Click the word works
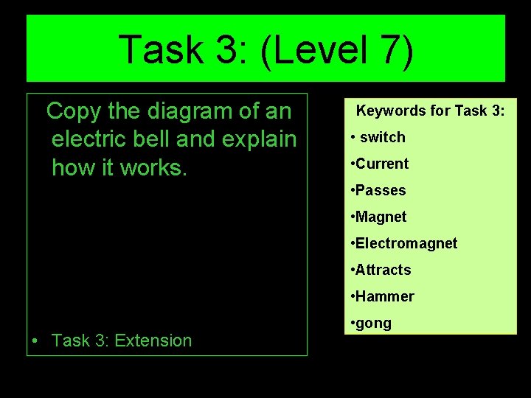153,167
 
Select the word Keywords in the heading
392,111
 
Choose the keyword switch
383,137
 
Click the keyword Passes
381,190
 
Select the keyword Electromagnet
406,243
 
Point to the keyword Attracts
383,270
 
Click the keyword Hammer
384,296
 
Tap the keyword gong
374,324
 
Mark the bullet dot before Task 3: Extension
35,341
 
